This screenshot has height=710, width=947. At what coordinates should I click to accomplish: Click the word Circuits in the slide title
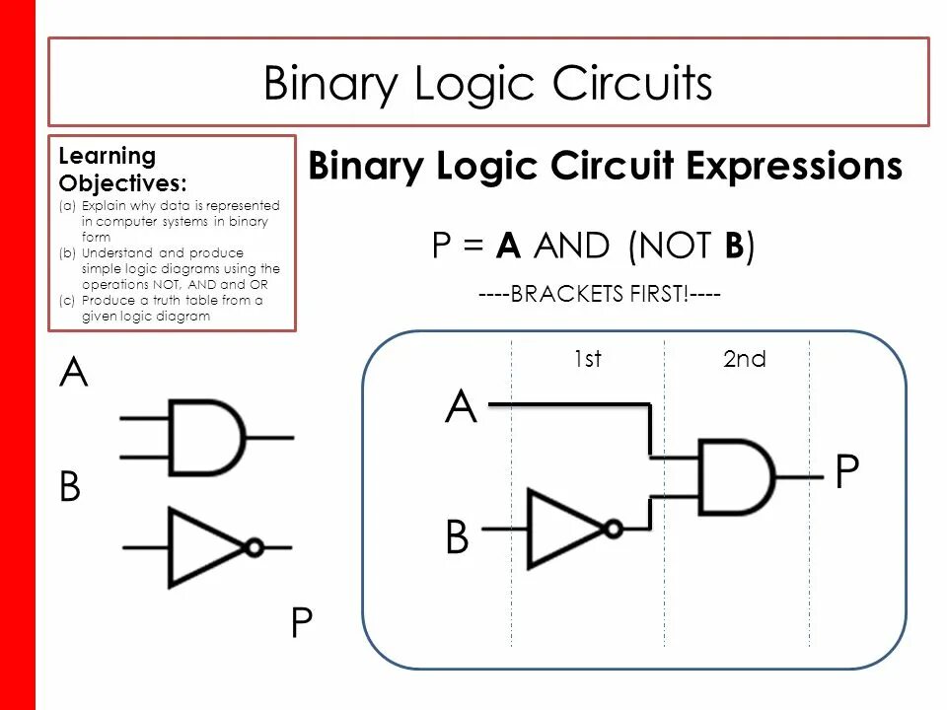[x=631, y=84]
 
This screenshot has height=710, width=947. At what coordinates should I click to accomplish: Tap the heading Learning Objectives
[x=108, y=169]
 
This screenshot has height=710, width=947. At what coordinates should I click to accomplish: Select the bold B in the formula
[x=733, y=246]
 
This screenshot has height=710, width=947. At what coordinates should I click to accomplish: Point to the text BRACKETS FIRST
[x=601, y=296]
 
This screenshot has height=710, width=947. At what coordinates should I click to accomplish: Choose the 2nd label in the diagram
[x=744, y=359]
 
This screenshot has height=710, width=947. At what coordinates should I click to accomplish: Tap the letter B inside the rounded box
[x=457, y=538]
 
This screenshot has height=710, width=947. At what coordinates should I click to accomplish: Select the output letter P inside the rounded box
[x=846, y=473]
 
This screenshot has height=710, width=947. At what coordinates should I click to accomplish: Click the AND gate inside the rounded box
[x=735, y=475]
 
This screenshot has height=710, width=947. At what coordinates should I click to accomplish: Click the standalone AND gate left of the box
[x=207, y=437]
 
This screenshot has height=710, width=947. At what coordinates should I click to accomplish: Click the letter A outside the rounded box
[x=74, y=374]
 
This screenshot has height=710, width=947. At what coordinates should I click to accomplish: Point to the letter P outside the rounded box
[x=301, y=623]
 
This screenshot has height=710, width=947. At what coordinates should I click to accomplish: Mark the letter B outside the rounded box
[x=70, y=487]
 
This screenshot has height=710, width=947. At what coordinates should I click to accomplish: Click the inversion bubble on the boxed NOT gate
[x=614, y=529]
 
